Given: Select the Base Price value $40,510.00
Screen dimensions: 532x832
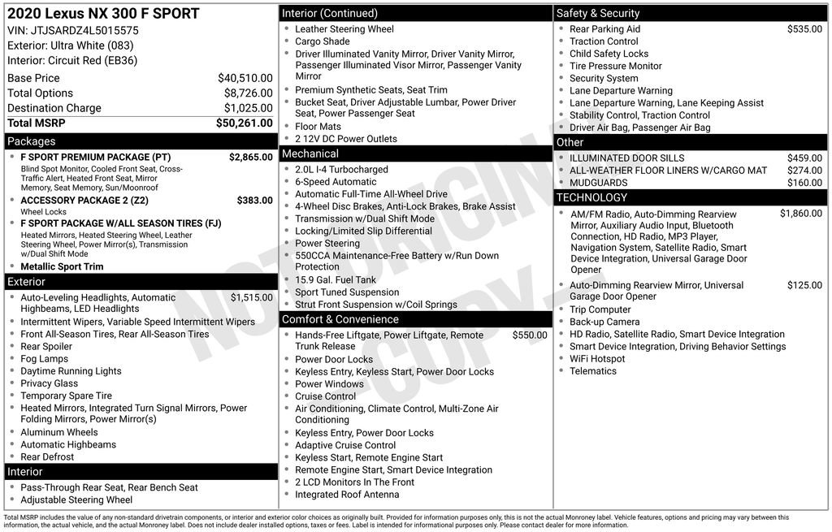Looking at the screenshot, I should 245,78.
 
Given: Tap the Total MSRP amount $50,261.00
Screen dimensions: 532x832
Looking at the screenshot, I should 244,123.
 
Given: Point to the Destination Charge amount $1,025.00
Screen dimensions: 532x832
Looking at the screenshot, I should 248,108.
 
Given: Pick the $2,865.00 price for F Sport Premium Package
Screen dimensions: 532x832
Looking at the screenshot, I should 250,157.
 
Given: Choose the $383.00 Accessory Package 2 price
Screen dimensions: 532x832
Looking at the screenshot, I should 254,200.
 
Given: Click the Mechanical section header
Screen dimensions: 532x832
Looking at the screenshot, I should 310,154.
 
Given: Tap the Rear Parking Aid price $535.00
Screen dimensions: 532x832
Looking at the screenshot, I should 804,29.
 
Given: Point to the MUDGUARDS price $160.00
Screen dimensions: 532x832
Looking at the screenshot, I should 804,183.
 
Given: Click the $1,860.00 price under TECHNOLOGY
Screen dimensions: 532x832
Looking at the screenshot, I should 800,214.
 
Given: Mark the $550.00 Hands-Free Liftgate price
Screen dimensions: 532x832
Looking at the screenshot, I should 530,335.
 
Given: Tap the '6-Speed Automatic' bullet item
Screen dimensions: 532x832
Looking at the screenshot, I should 336,182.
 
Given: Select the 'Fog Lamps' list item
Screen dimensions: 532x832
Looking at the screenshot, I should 44,359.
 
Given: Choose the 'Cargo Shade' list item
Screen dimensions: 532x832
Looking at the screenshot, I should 322,41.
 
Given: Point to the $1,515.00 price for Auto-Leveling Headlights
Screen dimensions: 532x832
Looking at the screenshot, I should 251,297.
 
